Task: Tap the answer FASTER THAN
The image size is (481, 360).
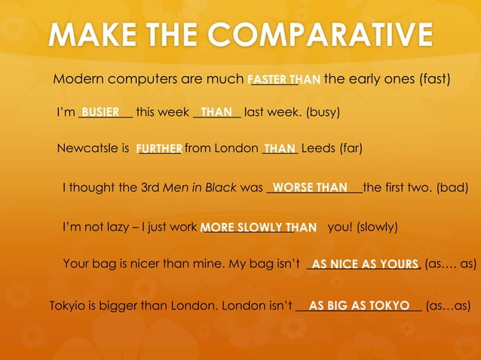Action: (x=284, y=79)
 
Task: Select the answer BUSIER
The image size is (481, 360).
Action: (x=101, y=112)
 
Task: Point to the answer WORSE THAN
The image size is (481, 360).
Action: (x=310, y=187)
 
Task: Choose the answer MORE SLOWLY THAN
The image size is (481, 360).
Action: (x=258, y=227)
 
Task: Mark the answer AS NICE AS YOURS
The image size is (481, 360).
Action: (x=365, y=264)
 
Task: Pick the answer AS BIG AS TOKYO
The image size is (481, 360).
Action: (x=359, y=306)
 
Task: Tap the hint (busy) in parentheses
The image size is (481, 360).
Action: (x=323, y=113)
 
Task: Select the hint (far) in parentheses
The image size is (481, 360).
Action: (x=351, y=148)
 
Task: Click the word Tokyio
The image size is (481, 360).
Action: (x=66, y=306)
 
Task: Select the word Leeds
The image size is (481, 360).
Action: (x=317, y=148)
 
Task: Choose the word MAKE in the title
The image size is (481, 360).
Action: (x=95, y=35)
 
